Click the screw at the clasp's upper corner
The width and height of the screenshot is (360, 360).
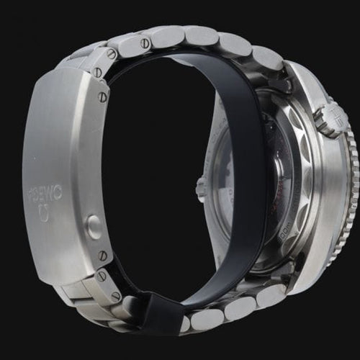tap(112, 54)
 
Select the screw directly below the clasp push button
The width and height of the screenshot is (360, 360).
tap(103, 255)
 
